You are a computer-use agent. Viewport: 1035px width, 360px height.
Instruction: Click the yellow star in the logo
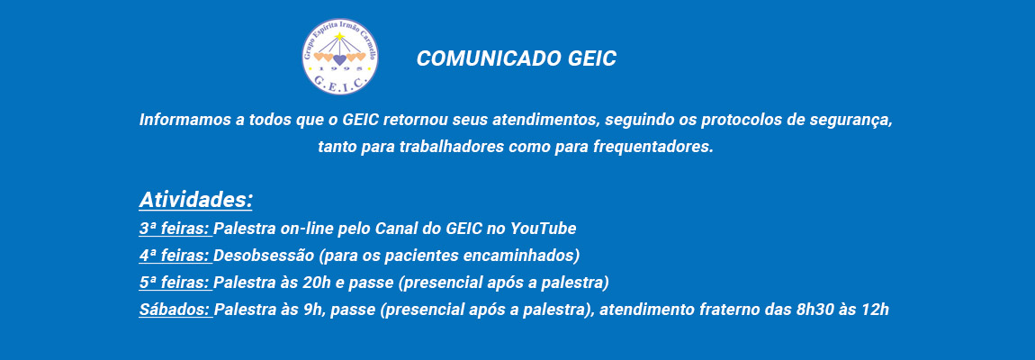pos(339,36)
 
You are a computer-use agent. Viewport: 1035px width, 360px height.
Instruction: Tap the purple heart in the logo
pos(339,59)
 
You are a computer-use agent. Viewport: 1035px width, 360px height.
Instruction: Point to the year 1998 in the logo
pos(339,68)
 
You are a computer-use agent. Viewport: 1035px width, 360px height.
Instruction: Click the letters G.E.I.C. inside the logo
pos(339,81)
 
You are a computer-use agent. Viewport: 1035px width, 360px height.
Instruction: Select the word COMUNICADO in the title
pos(489,58)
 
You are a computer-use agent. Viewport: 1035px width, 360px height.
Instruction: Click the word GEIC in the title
pos(591,58)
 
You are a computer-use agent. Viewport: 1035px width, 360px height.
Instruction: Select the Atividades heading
pos(195,200)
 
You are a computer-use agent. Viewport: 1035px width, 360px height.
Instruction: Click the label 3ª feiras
pos(175,229)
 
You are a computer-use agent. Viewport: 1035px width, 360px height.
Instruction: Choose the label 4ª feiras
pos(175,255)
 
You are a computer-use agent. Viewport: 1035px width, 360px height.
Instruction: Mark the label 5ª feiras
pos(175,283)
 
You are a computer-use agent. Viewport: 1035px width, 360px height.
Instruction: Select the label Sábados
pos(175,309)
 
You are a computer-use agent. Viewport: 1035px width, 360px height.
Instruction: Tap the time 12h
pos(876,309)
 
